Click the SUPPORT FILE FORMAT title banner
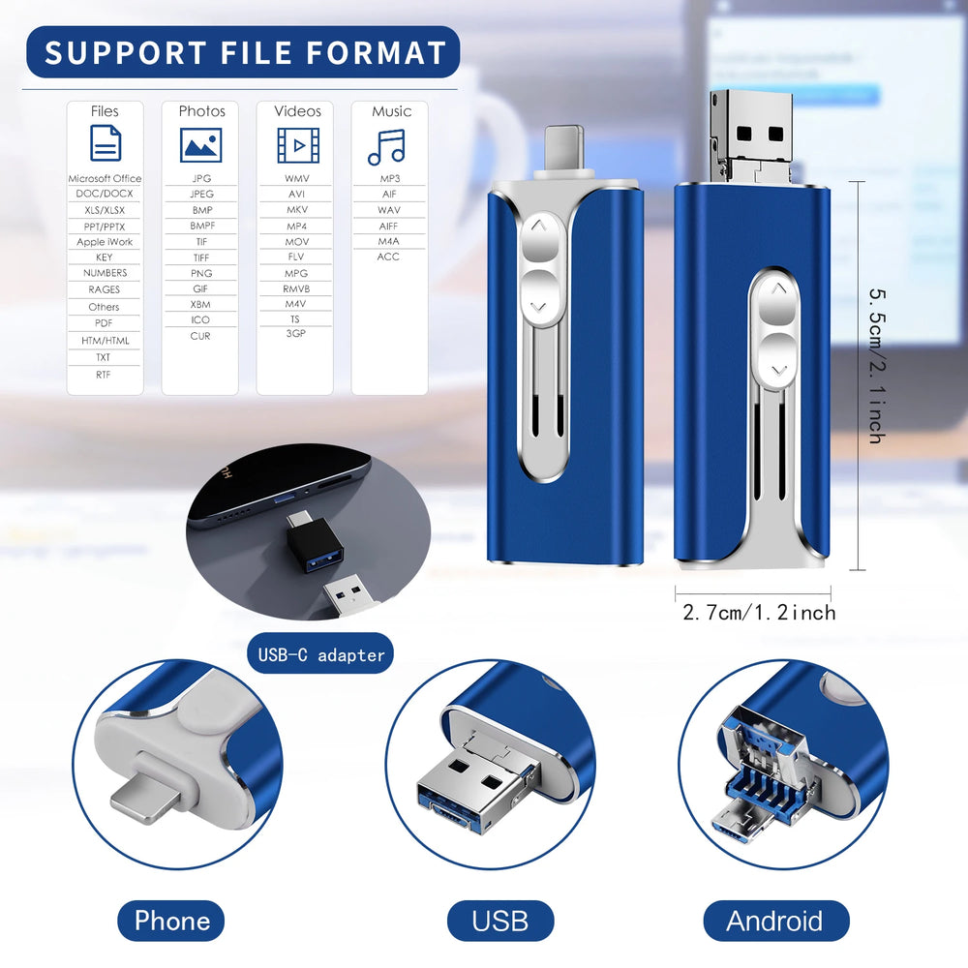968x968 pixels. tap(243, 52)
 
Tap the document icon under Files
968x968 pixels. tap(106, 142)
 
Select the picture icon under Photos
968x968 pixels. tap(200, 145)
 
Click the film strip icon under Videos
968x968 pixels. tap(298, 146)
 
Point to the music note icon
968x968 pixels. tap(386, 147)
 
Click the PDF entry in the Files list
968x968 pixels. tap(104, 323)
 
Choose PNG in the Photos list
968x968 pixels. tap(201, 273)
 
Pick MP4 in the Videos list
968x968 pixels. tap(296, 226)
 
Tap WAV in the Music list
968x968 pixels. tap(389, 210)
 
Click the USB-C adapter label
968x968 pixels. tap(320, 653)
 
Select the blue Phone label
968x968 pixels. tap(171, 921)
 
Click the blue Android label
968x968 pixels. tap(776, 921)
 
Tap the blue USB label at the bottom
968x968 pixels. tap(500, 921)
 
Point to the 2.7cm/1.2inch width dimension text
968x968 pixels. tap(759, 613)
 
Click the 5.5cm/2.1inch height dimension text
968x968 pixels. tap(877, 366)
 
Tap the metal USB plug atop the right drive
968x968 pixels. tap(751, 136)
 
